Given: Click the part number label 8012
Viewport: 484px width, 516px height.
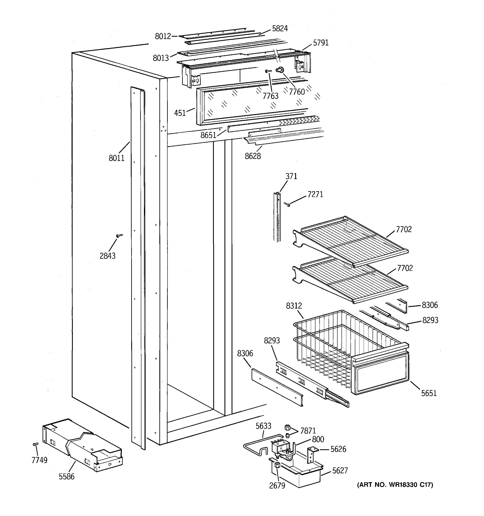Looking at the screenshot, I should click(x=163, y=36).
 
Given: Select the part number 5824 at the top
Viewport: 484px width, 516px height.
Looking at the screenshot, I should click(x=280, y=29).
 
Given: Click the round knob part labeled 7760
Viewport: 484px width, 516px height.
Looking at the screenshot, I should click(x=280, y=70).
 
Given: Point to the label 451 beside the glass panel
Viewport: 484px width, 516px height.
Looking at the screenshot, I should click(x=180, y=113).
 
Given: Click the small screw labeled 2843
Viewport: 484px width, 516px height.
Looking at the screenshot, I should click(x=119, y=235).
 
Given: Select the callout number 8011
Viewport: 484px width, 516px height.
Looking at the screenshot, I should click(x=116, y=158).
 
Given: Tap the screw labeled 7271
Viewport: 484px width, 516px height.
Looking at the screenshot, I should click(x=287, y=205).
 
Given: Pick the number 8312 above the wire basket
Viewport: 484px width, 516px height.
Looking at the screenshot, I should click(x=294, y=306).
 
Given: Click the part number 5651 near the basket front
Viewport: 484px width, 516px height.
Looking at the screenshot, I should click(x=429, y=393).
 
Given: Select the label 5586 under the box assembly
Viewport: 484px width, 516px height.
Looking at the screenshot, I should click(x=67, y=477).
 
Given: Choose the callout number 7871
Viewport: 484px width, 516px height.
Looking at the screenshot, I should click(x=308, y=431).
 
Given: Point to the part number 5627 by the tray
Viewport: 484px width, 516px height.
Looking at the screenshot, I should click(x=340, y=471).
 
